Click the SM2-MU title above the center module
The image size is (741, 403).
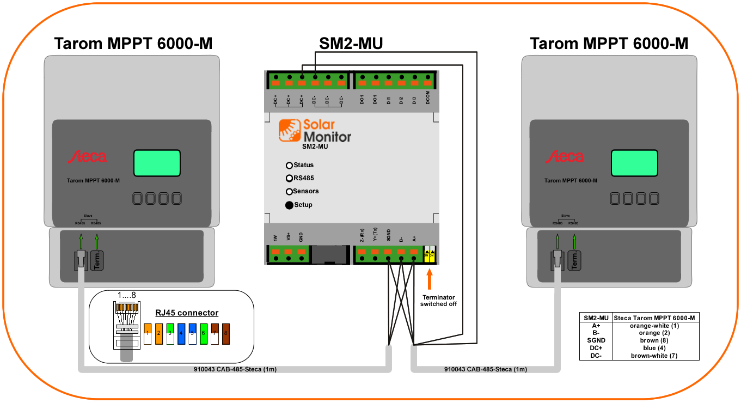pos(351,44)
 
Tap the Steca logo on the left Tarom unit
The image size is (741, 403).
pos(87,157)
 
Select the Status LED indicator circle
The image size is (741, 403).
pos(289,165)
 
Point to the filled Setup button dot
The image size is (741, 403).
pos(289,205)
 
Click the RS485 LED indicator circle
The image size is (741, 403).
pos(289,178)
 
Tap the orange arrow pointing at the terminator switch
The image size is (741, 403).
pos(430,280)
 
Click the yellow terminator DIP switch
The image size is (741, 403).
pos(429,254)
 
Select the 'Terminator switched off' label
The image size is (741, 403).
pos(438,301)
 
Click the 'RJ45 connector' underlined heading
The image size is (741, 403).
pos(187,313)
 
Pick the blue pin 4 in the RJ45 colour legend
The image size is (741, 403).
pos(181,334)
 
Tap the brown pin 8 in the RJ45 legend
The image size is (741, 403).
pos(225,334)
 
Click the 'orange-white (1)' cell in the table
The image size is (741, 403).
pos(656,326)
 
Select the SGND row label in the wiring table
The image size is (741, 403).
pos(596,340)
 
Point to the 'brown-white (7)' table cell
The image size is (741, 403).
pos(656,356)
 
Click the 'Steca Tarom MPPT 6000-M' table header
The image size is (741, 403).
pos(656,318)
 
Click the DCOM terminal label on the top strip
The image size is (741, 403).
pos(428,100)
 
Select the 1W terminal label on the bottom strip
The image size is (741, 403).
pos(275,237)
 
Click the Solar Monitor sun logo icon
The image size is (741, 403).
pos(290,130)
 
